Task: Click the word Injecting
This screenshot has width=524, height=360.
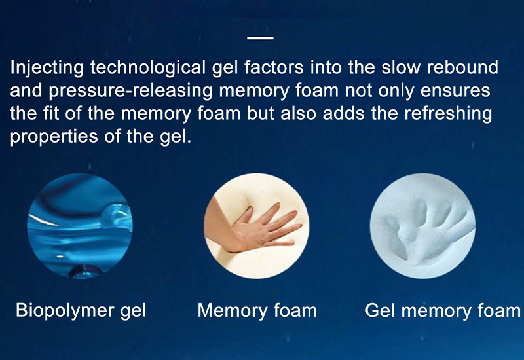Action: click(47, 67)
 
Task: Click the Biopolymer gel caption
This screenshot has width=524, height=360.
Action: click(81, 310)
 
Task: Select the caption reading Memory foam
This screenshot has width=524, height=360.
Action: click(257, 310)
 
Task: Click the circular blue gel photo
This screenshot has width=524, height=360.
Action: click(79, 226)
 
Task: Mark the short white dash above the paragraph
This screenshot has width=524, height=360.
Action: click(261, 38)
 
